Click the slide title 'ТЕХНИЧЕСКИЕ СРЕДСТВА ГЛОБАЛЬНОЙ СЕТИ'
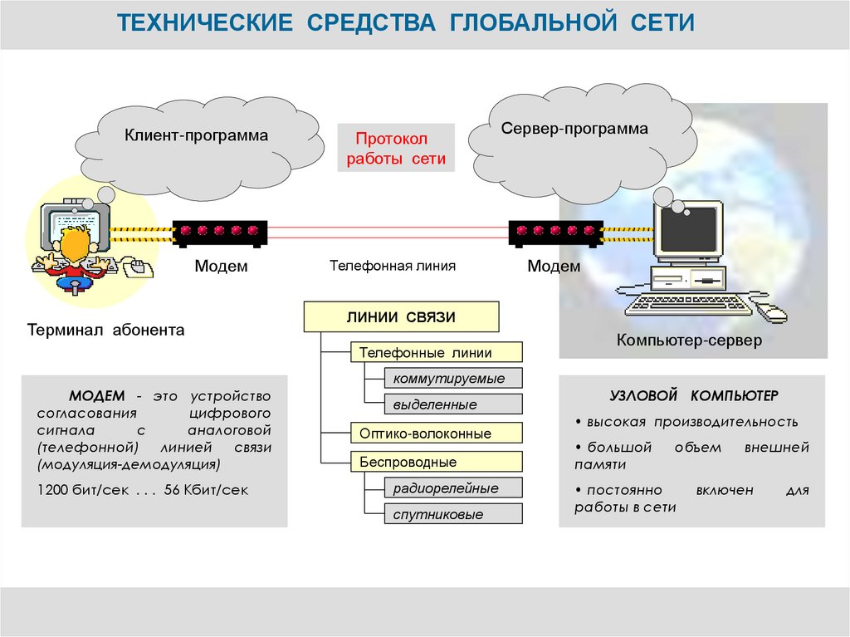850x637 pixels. pos(405,22)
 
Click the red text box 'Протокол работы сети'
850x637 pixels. pos(396,149)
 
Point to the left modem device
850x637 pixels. pos(220,232)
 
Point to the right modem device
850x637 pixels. pos(555,232)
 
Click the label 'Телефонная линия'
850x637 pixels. pos(393,267)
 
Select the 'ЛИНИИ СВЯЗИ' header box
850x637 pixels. pos(402,317)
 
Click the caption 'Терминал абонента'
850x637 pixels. pos(105,330)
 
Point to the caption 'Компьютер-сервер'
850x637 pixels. pos(688,340)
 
